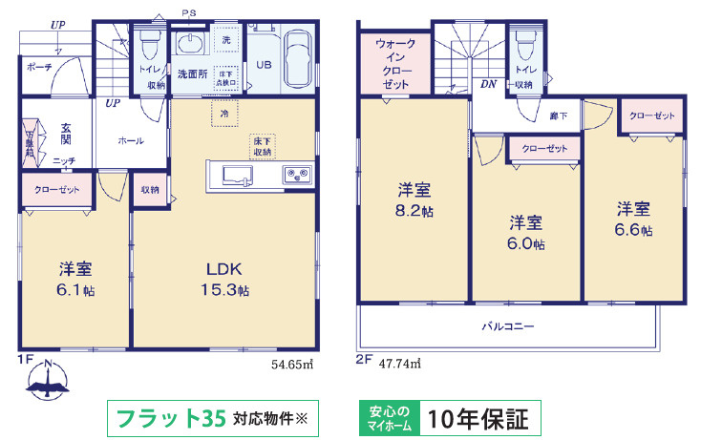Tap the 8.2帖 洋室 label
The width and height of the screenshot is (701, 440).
(x=414, y=200)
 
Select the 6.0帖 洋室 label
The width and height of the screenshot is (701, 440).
(x=525, y=233)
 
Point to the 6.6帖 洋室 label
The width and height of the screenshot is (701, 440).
(x=633, y=219)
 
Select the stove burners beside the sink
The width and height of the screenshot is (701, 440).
(x=296, y=176)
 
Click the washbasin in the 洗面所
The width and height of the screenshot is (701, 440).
(x=191, y=46)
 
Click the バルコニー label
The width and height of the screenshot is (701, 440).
(x=507, y=326)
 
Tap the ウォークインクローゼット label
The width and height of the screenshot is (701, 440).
(x=394, y=64)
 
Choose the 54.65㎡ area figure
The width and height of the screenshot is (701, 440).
(x=292, y=364)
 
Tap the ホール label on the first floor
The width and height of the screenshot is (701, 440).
(x=131, y=141)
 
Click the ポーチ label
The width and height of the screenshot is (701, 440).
(x=40, y=67)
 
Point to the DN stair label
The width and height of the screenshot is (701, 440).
(x=488, y=85)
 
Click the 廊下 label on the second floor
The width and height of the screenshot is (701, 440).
(x=559, y=115)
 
